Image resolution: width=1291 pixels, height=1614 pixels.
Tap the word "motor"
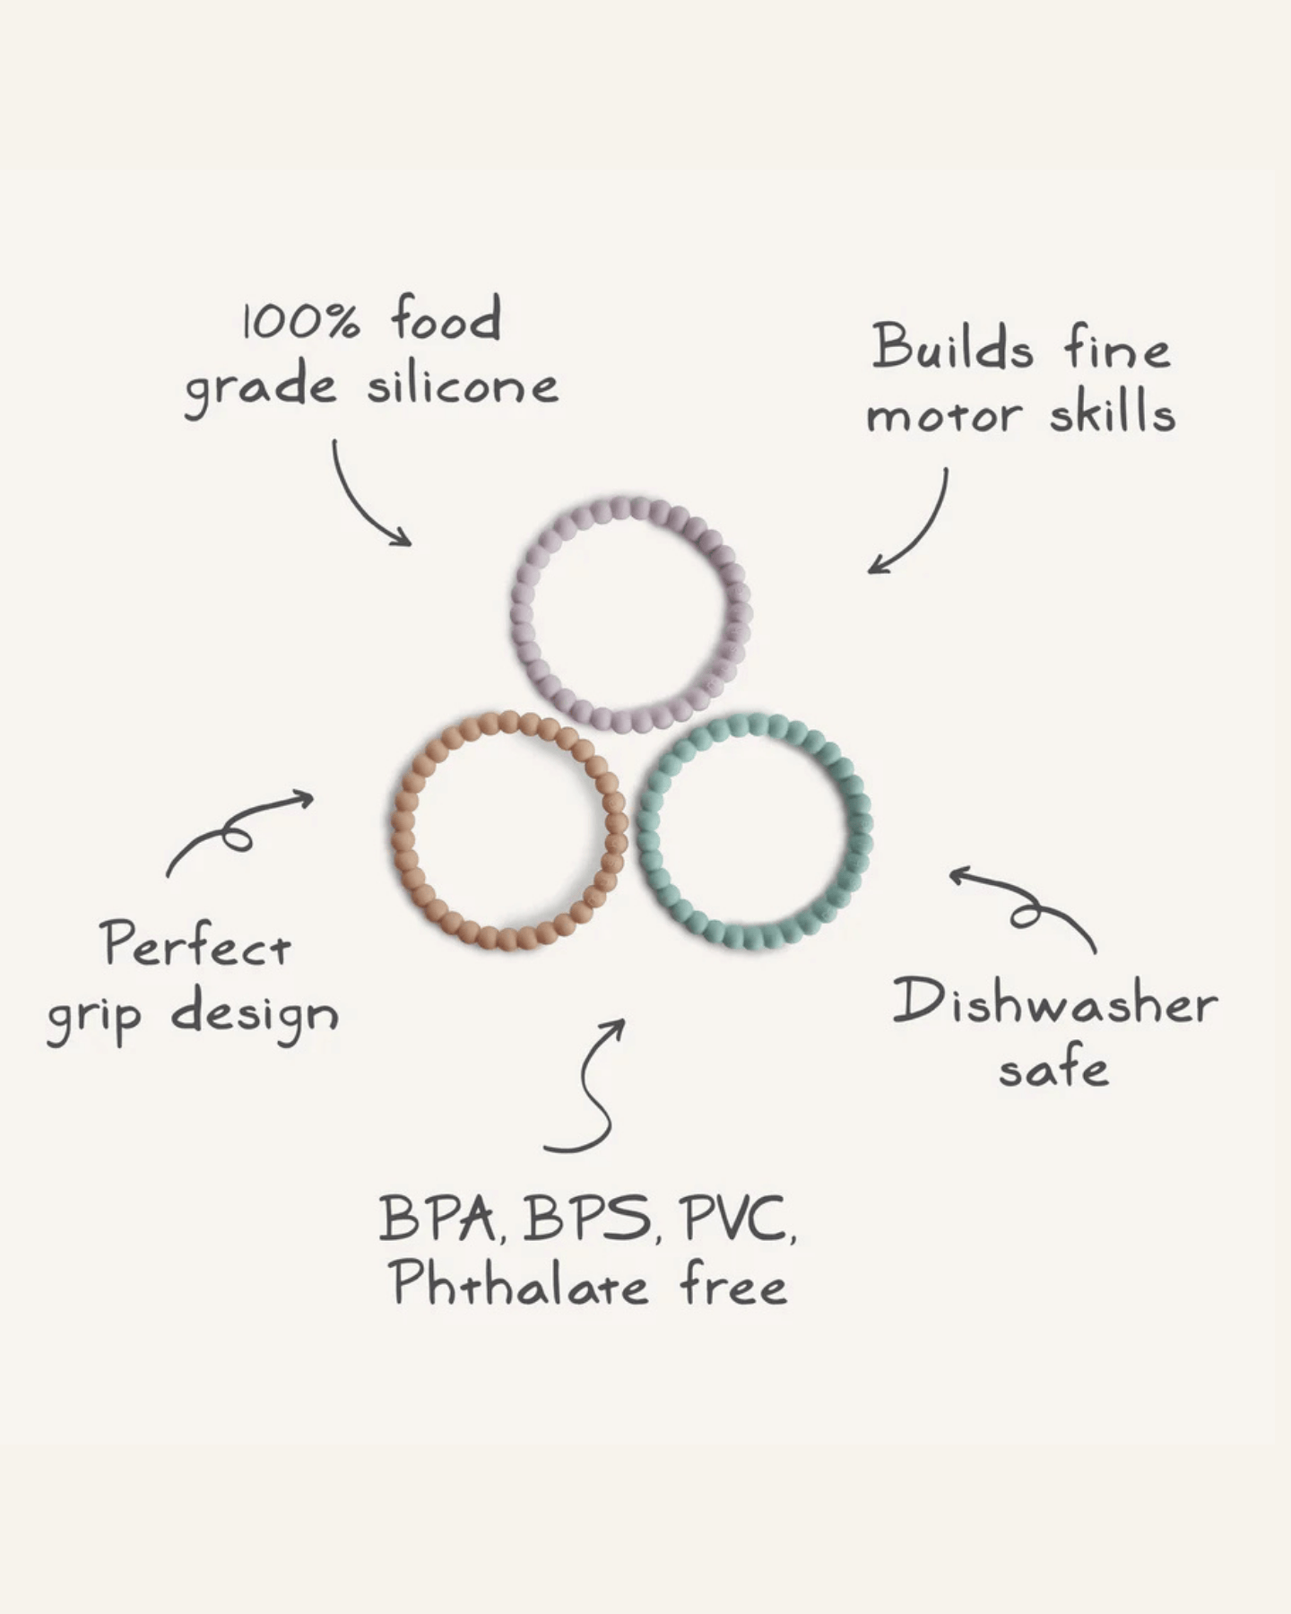pyautogui.click(x=944, y=415)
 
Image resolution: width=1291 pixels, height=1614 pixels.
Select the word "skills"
pyautogui.click(x=1113, y=412)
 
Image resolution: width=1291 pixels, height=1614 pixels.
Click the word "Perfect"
pyautogui.click(x=196, y=944)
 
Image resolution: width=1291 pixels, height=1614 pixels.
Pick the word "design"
pyautogui.click(x=255, y=1016)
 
